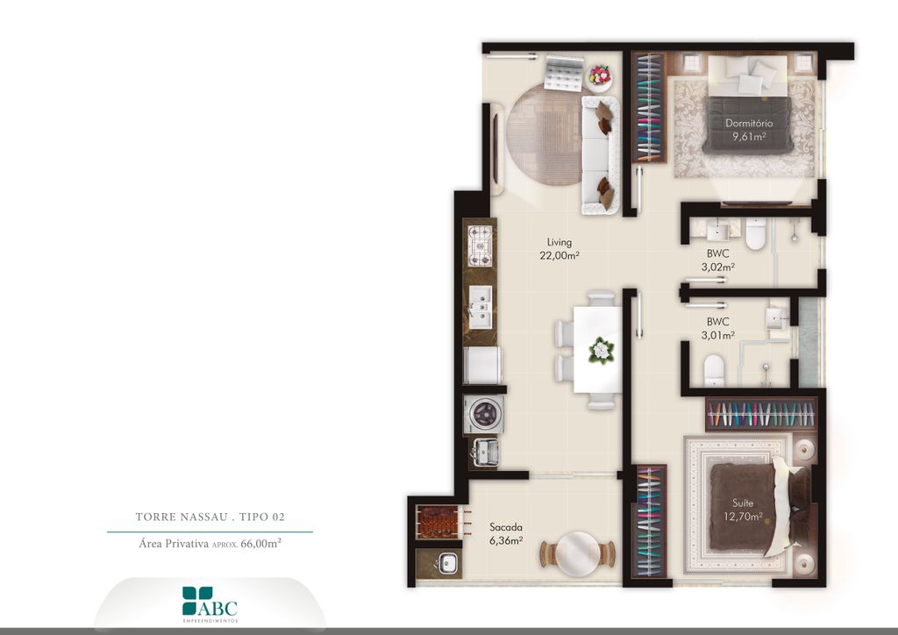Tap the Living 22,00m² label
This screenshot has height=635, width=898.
[559, 249]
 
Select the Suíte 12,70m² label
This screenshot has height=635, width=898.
[743, 510]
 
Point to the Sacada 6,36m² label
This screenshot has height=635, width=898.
[506, 533]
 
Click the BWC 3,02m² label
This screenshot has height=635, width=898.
[717, 260]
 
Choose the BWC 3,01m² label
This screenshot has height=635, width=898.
[717, 328]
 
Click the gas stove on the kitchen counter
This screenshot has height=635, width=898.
[480, 246]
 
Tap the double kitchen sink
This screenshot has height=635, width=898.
[480, 307]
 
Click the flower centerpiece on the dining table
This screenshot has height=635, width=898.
[601, 350]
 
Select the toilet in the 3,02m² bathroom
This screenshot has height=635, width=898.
[755, 233]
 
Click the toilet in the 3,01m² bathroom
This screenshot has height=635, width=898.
[714, 371]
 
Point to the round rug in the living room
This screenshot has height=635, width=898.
[544, 135]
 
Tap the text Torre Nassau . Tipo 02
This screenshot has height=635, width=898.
[210, 517]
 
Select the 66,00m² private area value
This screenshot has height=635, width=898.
[261, 544]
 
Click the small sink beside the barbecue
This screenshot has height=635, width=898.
[447, 564]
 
